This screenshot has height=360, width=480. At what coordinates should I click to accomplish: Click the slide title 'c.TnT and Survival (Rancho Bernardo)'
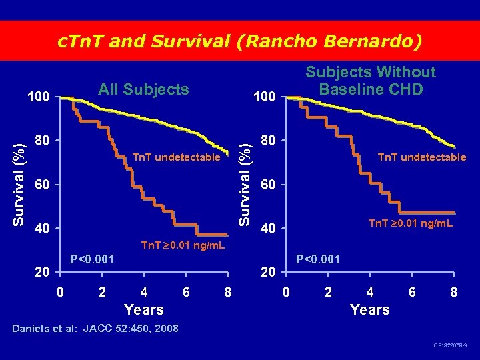[x=240, y=41]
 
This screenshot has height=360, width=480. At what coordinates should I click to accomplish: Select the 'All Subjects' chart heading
[x=143, y=89]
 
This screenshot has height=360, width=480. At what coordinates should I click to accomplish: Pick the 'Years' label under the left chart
[x=144, y=309]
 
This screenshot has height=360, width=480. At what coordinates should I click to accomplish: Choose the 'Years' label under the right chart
[x=370, y=309]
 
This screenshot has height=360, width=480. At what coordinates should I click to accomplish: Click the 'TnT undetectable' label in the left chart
[x=176, y=157]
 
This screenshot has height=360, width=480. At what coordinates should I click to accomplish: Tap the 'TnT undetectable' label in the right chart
[x=422, y=157]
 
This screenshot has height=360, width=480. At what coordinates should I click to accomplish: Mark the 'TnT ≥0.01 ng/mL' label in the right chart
[x=411, y=223]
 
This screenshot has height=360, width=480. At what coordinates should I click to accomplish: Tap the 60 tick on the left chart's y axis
[x=41, y=184]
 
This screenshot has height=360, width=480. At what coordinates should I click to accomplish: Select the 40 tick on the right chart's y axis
[x=268, y=229]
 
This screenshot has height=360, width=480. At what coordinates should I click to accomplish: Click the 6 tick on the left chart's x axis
[x=186, y=291]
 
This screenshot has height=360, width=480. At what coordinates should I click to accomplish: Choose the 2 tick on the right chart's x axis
[x=327, y=291]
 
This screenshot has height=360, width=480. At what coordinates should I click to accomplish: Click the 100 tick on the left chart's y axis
[x=38, y=97]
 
